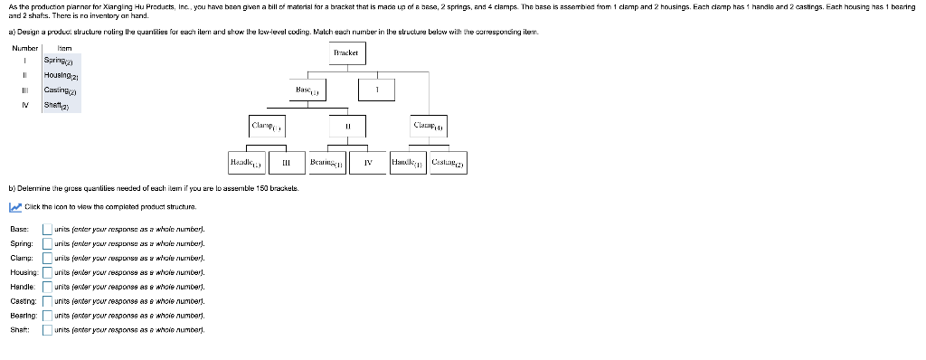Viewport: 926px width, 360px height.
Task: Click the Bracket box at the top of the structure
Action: pyautogui.click(x=346, y=53)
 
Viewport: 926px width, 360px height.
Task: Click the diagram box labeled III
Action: pyautogui.click(x=286, y=163)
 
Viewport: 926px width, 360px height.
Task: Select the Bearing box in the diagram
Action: pyautogui.click(x=326, y=163)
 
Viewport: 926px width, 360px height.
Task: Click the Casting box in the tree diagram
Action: pyautogui.click(x=447, y=163)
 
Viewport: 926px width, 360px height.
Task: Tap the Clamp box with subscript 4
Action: pyautogui.click(x=429, y=128)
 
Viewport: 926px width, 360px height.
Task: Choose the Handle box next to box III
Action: pyautogui.click(x=247, y=163)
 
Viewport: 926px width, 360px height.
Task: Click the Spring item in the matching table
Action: pyautogui.click(x=61, y=61)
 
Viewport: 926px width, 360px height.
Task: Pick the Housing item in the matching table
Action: pyautogui.click(x=61, y=75)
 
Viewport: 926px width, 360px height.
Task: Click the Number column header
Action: pyautogui.click(x=25, y=47)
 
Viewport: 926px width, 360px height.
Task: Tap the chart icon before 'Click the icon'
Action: pyautogui.click(x=14, y=207)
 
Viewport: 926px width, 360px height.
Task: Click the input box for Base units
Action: pyautogui.click(x=47, y=229)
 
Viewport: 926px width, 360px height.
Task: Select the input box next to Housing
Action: pyautogui.click(x=47, y=272)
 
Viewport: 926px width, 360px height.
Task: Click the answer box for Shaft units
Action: pyautogui.click(x=47, y=330)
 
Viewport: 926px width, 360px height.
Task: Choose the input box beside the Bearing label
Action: pyautogui.click(x=47, y=316)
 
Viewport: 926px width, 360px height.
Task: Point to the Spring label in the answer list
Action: pyautogui.click(x=22, y=243)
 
